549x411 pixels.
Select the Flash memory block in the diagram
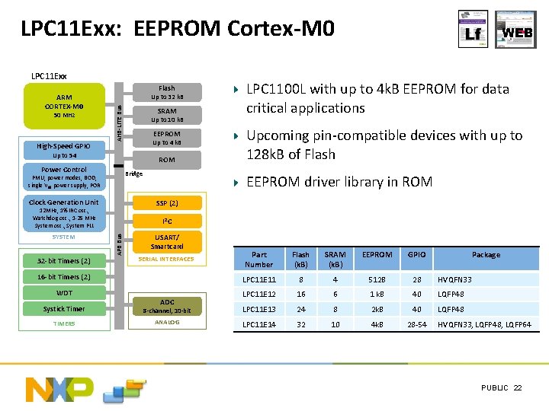tap(167, 92)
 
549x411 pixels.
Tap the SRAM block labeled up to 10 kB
tap(167, 115)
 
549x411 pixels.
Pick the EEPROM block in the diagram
tap(167, 138)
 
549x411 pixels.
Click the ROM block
tap(167, 160)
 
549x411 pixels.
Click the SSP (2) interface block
tap(167, 203)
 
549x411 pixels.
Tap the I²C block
tap(167, 221)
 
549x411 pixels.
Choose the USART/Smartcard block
tap(167, 242)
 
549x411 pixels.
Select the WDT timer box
tap(64, 293)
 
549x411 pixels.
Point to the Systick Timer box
tap(64, 309)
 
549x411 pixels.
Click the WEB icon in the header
tap(516, 30)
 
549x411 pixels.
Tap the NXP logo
tap(60, 389)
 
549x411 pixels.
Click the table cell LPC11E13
tap(258, 309)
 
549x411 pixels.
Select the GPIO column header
tap(416, 255)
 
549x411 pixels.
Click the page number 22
tap(518, 388)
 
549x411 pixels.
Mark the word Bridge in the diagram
tap(133, 174)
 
